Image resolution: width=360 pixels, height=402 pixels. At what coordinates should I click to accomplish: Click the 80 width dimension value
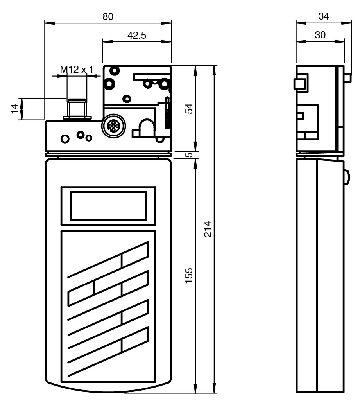click(x=108, y=16)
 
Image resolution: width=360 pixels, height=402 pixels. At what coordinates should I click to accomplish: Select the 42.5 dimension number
click(x=136, y=35)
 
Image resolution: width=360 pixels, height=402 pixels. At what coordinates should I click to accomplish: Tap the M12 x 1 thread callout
click(x=77, y=69)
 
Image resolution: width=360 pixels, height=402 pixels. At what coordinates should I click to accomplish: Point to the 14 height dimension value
click(x=15, y=109)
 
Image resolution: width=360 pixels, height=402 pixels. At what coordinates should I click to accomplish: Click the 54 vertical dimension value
click(x=189, y=109)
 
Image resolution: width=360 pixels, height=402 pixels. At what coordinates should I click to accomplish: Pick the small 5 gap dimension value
click(x=189, y=155)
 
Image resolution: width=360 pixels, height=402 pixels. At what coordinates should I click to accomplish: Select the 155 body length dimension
click(x=189, y=276)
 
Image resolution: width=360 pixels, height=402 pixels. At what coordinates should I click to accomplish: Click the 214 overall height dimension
click(x=208, y=229)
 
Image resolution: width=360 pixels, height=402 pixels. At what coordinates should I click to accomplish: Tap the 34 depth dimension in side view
click(x=323, y=16)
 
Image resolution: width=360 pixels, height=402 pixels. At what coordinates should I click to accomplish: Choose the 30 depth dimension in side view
click(x=320, y=35)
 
